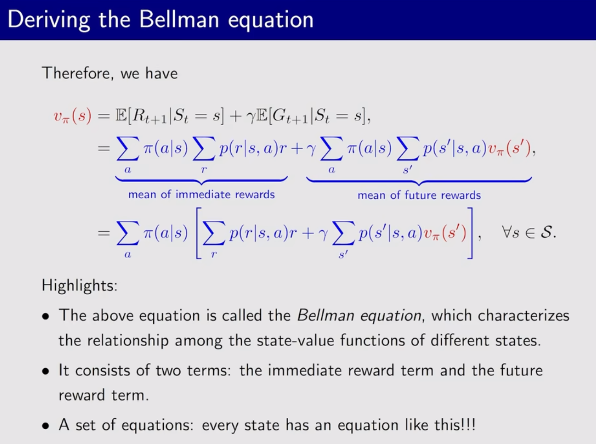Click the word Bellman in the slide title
point(179,19)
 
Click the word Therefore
point(76,73)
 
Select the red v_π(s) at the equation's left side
point(73,116)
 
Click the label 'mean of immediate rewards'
point(201,195)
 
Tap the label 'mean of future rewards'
point(419,195)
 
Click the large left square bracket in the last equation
point(198,233)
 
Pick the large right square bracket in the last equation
point(471,233)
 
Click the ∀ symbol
point(507,232)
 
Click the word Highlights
point(79,285)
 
